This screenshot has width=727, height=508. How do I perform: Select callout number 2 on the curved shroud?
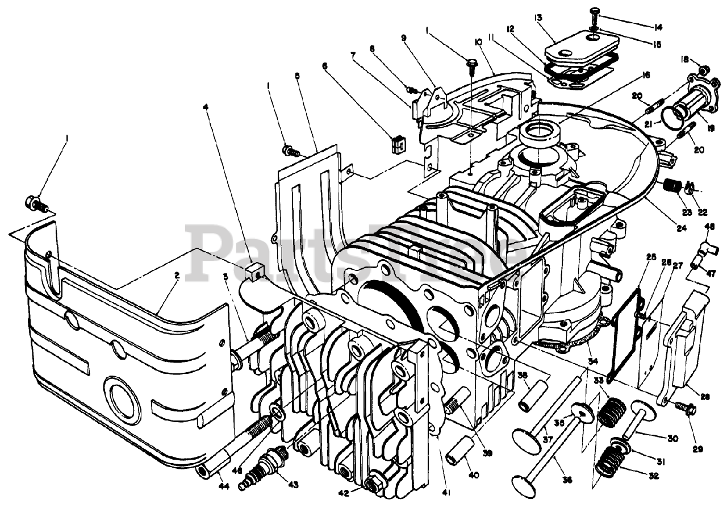tap(177, 275)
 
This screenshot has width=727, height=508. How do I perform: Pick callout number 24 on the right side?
tap(681, 228)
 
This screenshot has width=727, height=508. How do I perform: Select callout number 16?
tap(646, 74)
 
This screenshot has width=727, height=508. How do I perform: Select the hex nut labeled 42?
tap(374, 482)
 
